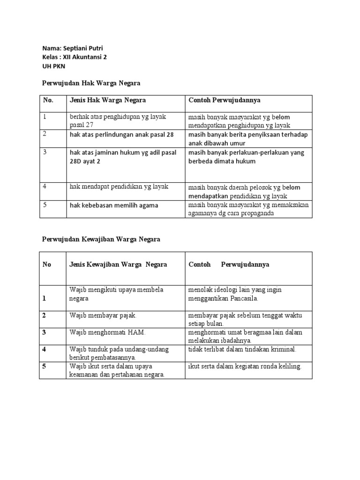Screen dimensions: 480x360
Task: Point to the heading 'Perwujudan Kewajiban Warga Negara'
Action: pos(101,239)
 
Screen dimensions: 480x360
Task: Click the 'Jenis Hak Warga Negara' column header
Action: pos(108,100)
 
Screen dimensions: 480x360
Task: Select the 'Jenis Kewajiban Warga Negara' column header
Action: pos(118,264)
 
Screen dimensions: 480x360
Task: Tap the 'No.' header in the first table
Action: pos(48,100)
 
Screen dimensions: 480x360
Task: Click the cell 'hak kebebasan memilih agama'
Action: pos(114,205)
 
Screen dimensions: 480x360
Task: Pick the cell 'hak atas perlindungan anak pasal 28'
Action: pos(121,135)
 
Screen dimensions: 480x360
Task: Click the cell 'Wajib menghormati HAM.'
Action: pos(108,332)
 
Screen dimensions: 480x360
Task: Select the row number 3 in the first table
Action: pos(45,152)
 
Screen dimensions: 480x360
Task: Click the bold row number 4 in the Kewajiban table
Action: pos(44,349)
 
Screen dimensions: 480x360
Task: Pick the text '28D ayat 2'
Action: pos(85,161)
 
